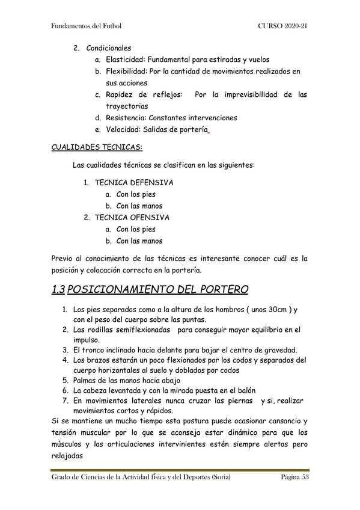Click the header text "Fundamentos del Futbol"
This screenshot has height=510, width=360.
(87, 27)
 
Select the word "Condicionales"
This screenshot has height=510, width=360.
(109, 48)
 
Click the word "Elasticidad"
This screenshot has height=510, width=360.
(125, 60)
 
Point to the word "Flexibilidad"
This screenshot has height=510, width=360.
(126, 72)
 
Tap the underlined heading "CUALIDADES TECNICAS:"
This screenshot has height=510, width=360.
(97, 147)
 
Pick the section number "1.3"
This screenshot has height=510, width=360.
(58, 290)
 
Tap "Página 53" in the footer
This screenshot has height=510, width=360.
(294, 478)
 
